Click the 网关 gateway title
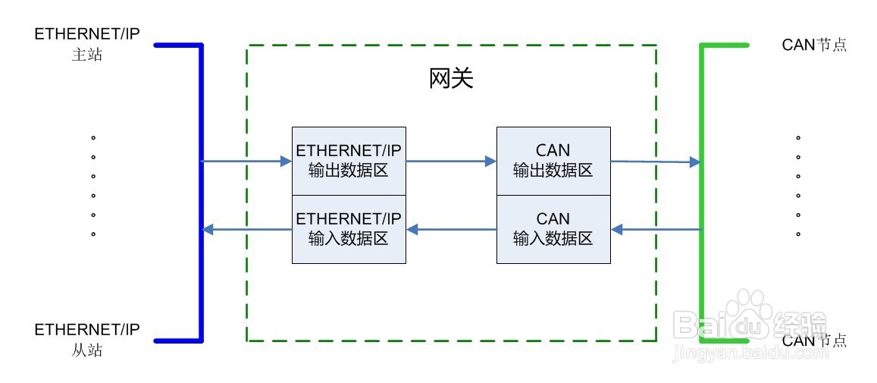pos(451,78)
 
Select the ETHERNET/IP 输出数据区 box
pos(349,161)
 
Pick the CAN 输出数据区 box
pos(553,161)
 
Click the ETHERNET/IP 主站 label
pos(87,45)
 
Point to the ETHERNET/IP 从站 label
pos(87,340)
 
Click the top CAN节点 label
pos(814,45)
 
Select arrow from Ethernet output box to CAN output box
pos(451,161)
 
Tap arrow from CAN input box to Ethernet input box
pos(451,229)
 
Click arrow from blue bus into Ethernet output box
pos(247,161)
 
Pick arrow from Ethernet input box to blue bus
pos(247,229)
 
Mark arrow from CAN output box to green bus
pos(655,161)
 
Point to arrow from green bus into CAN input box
pos(656,229)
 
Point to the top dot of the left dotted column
pos(93,138)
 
